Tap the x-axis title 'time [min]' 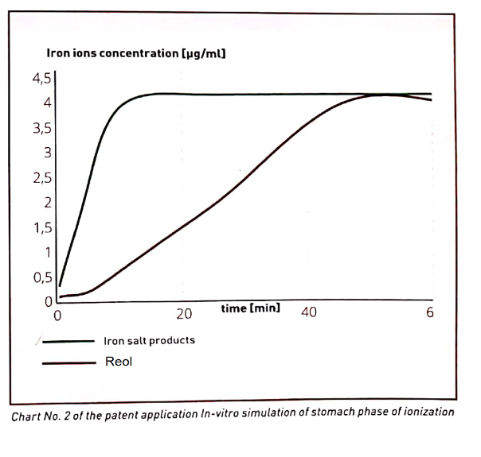[x=250, y=307]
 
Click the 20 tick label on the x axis [x=184, y=313]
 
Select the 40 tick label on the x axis [x=309, y=313]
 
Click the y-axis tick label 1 [x=48, y=253]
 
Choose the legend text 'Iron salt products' [x=149, y=340]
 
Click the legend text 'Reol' [x=119, y=362]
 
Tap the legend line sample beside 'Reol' [x=68, y=362]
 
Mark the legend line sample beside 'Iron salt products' [x=68, y=341]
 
